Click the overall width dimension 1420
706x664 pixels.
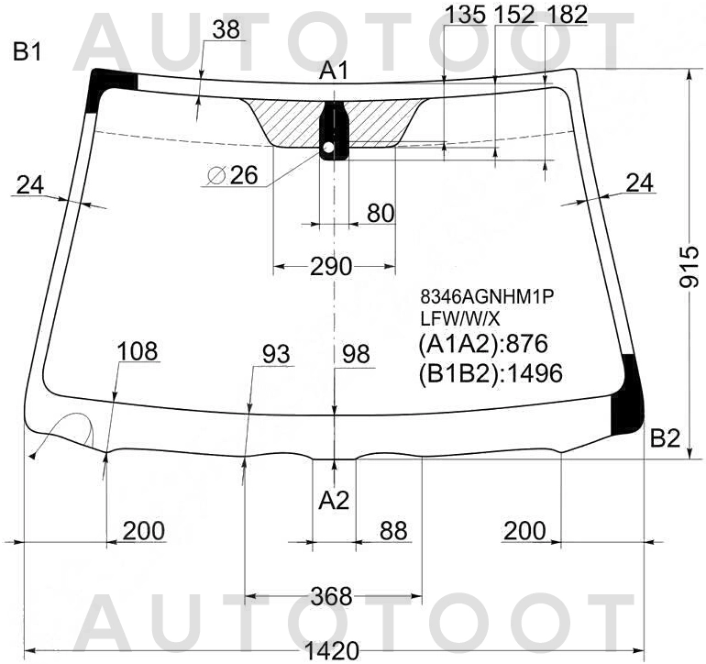point(332,651)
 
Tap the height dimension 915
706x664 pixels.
point(689,267)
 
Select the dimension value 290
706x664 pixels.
point(331,266)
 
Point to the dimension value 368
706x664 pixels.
point(331,596)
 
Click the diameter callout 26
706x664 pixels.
point(233,175)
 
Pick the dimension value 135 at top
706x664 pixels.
point(465,15)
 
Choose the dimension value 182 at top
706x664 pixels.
point(567,15)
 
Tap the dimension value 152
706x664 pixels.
point(514,15)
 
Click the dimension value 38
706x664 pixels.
point(226,29)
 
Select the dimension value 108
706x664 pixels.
point(138,351)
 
